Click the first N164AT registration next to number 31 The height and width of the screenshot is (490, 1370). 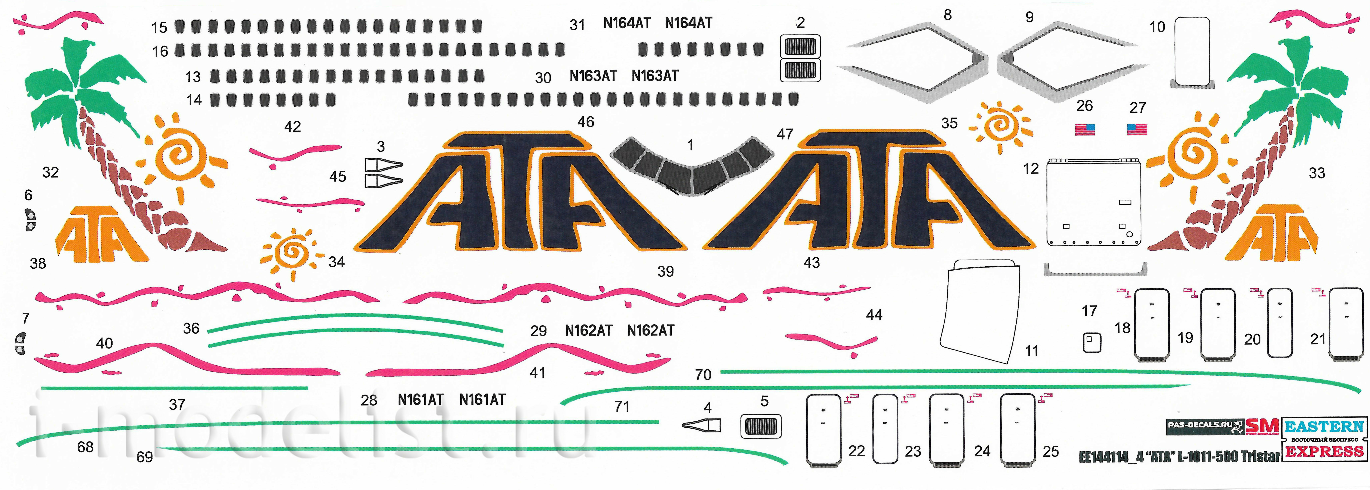pyautogui.click(x=627, y=23)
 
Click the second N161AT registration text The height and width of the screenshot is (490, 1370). pyautogui.click(x=482, y=400)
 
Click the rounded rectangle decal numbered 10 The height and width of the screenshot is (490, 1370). pyautogui.click(x=1192, y=52)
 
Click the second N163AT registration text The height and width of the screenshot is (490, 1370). pyautogui.click(x=655, y=76)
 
